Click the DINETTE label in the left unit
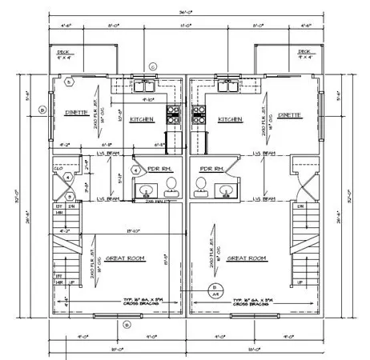[78, 114]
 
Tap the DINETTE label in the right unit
[293, 114]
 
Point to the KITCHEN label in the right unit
[230, 118]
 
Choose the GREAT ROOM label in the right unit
[247, 258]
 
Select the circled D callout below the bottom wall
[127, 324]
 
